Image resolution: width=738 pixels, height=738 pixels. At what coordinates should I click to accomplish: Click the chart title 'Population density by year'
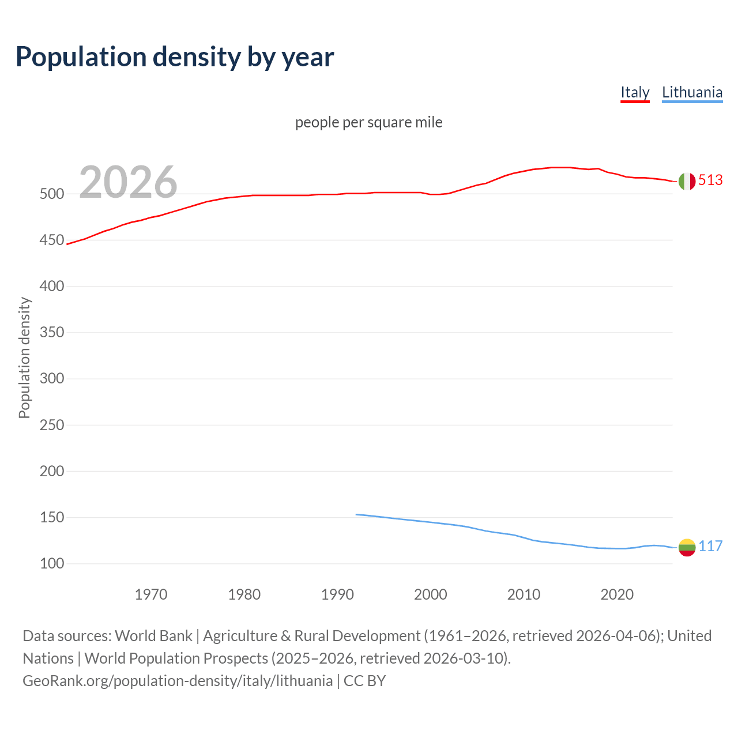click(x=175, y=57)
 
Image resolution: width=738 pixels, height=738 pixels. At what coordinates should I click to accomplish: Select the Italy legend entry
click(x=635, y=92)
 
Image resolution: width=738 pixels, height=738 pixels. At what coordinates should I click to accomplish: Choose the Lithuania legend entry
click(x=692, y=92)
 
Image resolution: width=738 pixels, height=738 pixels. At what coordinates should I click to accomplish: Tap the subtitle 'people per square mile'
click(x=368, y=122)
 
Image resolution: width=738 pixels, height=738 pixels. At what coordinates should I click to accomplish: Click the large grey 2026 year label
click(x=128, y=182)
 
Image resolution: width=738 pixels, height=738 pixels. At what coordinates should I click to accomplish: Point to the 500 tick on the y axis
click(x=51, y=194)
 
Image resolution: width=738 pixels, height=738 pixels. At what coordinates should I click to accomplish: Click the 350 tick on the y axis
click(x=51, y=333)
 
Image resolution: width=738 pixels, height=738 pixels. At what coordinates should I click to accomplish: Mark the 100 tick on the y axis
click(x=51, y=564)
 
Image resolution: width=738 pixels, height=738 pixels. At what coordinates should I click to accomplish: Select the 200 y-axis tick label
click(x=51, y=472)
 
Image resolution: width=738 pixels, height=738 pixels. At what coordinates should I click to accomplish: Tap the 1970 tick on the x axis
click(x=151, y=594)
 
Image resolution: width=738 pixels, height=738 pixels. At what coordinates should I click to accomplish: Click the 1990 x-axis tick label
click(x=337, y=594)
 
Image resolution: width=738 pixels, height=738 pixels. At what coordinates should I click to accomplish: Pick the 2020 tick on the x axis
click(x=617, y=594)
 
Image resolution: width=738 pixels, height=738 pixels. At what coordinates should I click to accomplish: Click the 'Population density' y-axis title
click(x=24, y=357)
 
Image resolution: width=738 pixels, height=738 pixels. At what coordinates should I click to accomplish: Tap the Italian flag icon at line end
click(x=687, y=181)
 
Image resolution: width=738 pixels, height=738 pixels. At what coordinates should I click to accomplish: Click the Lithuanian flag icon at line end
click(x=687, y=547)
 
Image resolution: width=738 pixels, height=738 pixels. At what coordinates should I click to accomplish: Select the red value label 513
click(x=710, y=180)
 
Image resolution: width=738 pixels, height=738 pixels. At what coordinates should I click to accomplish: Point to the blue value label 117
click(x=710, y=547)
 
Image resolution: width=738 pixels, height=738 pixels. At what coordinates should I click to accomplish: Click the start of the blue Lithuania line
click(x=357, y=514)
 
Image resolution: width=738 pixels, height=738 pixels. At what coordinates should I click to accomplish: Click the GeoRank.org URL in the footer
click(x=178, y=681)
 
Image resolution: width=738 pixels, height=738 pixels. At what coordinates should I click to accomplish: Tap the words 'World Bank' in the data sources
click(x=153, y=636)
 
